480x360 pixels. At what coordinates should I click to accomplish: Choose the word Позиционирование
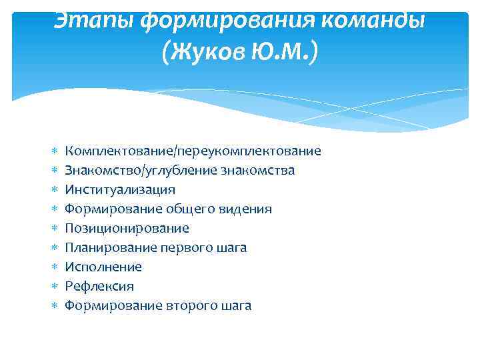(x=127, y=229)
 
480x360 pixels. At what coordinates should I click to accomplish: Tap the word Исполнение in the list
(x=103, y=267)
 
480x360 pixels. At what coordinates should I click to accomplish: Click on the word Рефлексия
(x=99, y=287)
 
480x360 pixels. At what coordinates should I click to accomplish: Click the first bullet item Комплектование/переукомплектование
(x=193, y=151)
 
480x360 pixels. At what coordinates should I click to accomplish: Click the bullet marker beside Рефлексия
(x=56, y=287)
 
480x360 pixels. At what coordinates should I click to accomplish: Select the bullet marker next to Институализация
(x=56, y=190)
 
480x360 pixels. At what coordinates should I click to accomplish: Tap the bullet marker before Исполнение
(x=56, y=267)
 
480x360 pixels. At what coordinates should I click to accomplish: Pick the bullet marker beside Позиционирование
(x=56, y=229)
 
